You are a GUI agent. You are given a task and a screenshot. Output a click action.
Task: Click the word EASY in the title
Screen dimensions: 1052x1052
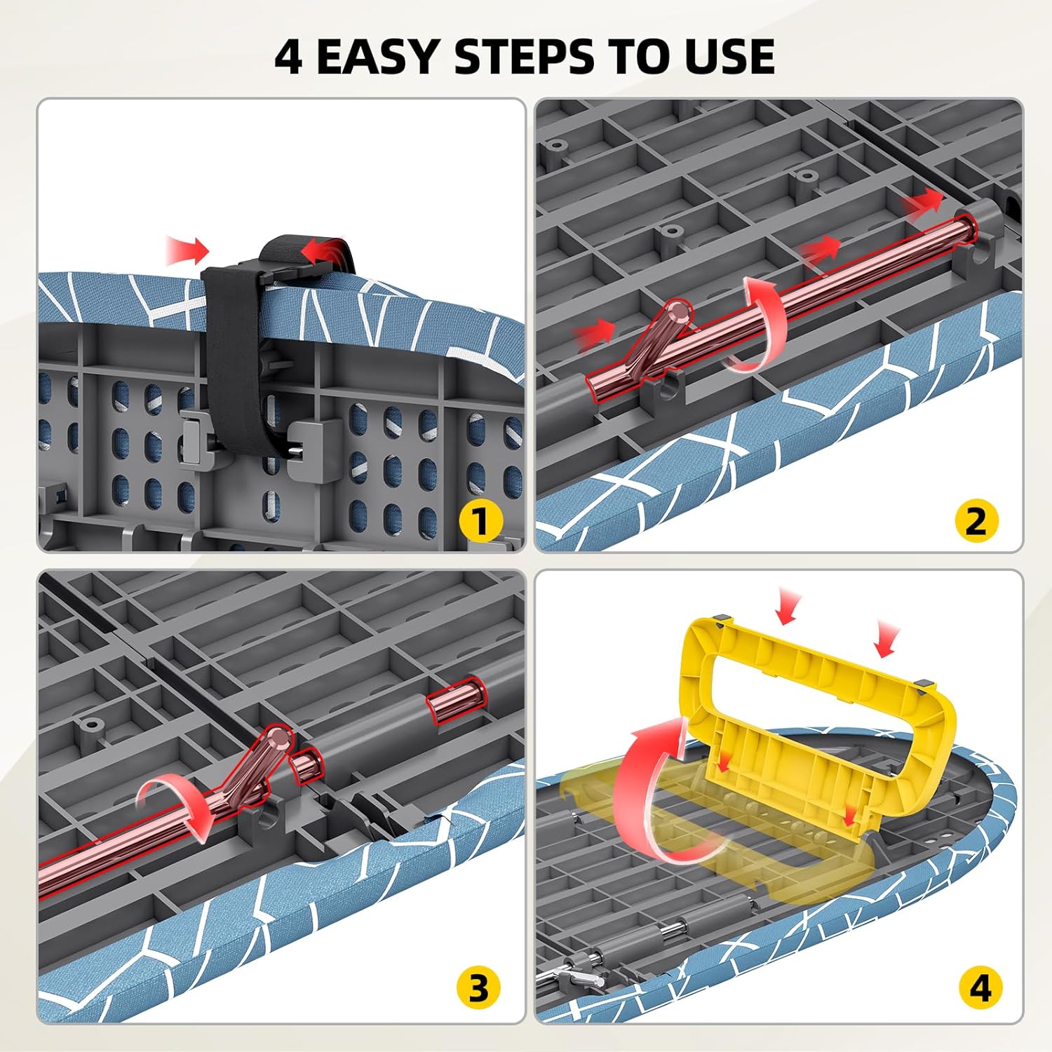pos(379,56)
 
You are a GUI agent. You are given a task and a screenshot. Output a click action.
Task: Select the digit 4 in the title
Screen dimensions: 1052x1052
pos(288,56)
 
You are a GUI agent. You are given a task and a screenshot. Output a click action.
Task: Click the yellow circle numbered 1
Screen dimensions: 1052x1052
pos(480,521)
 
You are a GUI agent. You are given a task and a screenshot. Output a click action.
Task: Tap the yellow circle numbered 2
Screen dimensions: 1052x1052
pos(976,521)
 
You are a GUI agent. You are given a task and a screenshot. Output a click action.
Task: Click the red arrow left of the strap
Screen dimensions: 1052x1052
pos(188,250)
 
